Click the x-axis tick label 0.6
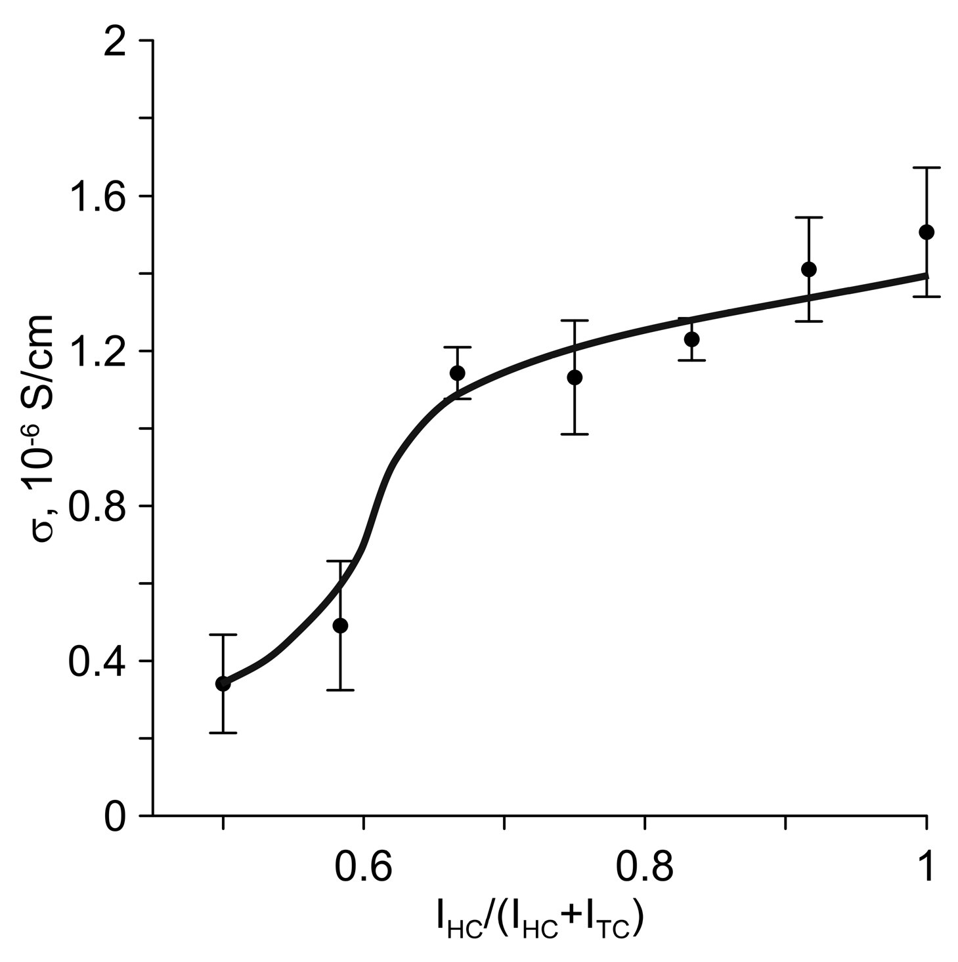[363, 867]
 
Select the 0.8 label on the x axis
[645, 867]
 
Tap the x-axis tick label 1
[926, 867]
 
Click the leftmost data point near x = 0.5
[223, 684]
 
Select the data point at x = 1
[926, 232]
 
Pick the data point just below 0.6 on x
[340, 625]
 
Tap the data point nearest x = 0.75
[575, 377]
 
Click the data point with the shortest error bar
[691, 339]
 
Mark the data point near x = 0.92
[809, 269]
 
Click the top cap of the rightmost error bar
[926, 168]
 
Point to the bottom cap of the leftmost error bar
[223, 732]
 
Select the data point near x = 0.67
[458, 373]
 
